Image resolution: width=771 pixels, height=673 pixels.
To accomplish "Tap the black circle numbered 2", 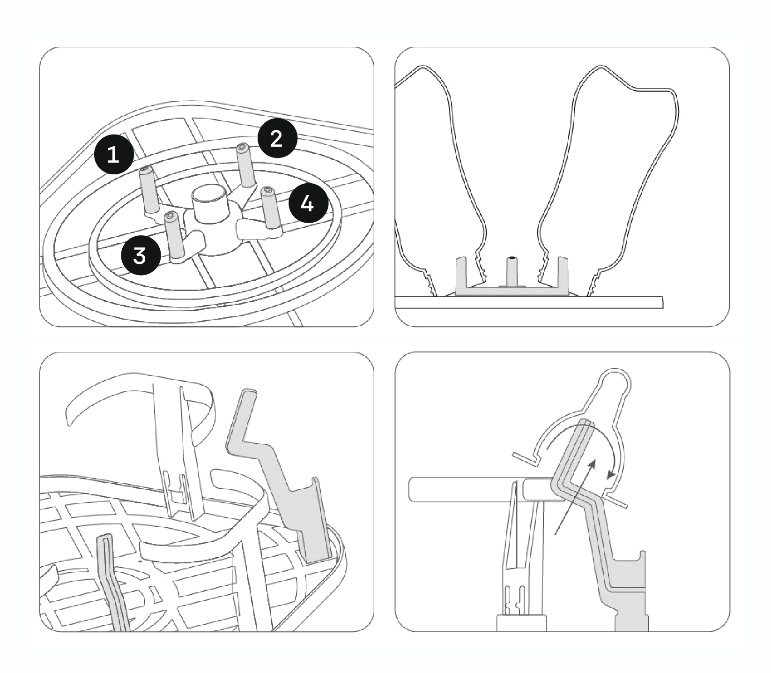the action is [x=277, y=139].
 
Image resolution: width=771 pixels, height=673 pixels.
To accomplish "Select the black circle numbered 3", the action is [x=140, y=256].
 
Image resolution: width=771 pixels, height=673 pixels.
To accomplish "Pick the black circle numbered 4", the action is [x=307, y=204].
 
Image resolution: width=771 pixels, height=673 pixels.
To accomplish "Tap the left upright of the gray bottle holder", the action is [x=461, y=274].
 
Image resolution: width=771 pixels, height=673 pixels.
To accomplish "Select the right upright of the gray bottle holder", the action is [x=563, y=274].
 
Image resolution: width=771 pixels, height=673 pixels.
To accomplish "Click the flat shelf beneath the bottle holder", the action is [x=529, y=302].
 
